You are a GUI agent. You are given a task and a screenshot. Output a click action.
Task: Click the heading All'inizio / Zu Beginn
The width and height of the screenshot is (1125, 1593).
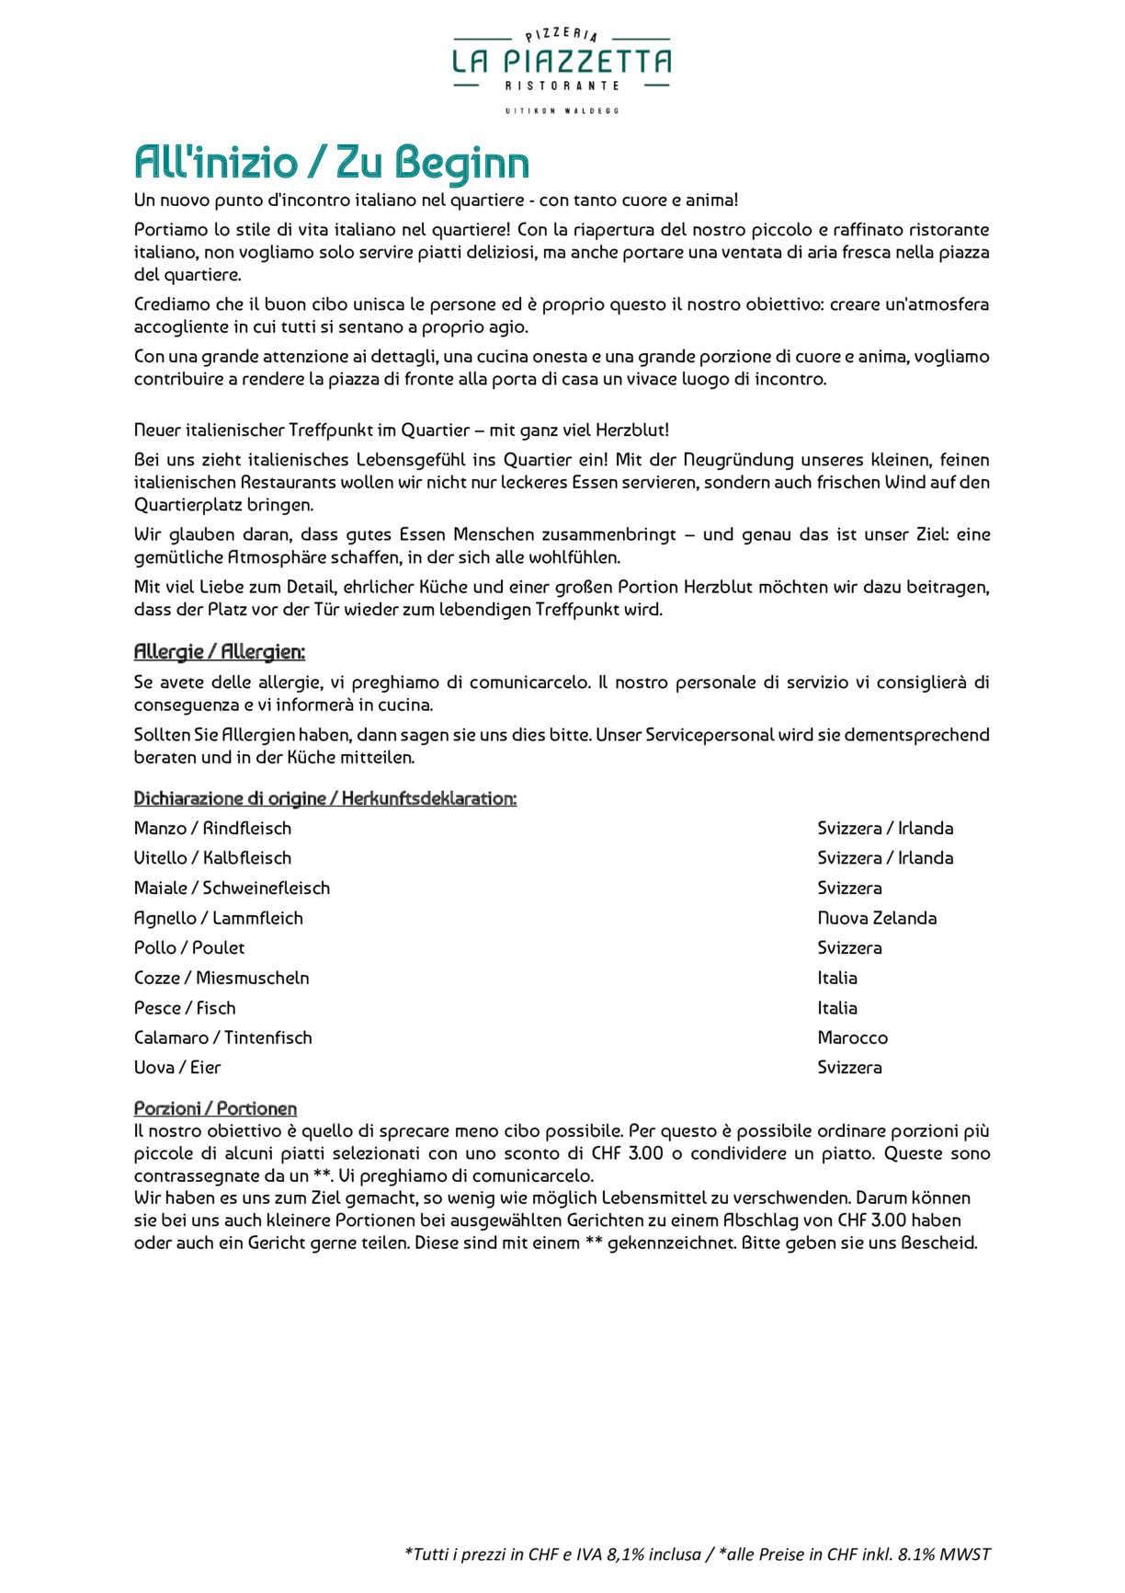[x=331, y=163]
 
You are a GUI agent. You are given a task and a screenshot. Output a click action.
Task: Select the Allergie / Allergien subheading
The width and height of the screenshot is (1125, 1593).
[x=219, y=652]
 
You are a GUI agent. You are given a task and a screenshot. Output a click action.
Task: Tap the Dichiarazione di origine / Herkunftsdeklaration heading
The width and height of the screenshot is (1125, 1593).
[x=324, y=798]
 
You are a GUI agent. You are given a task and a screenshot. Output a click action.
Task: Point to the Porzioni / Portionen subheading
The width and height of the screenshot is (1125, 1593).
[x=215, y=1108]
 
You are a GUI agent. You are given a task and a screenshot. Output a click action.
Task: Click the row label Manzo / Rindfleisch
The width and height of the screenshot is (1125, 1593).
[x=212, y=829]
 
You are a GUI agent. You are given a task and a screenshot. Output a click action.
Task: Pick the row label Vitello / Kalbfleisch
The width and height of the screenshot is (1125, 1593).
[x=212, y=858]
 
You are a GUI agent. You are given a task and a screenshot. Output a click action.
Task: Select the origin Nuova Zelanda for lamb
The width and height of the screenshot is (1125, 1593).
[x=877, y=918]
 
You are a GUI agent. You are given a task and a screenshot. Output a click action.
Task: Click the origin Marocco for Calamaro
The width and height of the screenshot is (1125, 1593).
[x=852, y=1037]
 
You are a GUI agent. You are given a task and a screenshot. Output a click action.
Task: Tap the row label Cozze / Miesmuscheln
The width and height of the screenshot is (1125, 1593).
[x=222, y=978]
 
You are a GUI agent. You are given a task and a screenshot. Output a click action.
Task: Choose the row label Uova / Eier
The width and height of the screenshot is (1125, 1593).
[x=177, y=1068]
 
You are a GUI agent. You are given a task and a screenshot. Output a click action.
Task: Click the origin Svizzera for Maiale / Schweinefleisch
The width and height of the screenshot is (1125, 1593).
[x=849, y=888]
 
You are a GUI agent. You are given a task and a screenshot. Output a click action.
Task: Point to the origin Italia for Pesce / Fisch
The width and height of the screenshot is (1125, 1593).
[x=837, y=1008]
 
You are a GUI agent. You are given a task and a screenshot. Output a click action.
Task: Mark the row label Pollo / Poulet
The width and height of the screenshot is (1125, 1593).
[x=189, y=948]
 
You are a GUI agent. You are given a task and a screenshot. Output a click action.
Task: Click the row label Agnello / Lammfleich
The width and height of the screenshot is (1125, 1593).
[x=218, y=918]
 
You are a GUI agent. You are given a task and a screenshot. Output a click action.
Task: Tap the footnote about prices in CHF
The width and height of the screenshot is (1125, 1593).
[x=697, y=1554]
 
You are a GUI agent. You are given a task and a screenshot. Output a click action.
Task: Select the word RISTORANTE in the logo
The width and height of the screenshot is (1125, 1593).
[x=562, y=86]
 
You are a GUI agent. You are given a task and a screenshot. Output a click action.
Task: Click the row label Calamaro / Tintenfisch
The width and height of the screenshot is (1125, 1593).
[x=222, y=1037]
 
